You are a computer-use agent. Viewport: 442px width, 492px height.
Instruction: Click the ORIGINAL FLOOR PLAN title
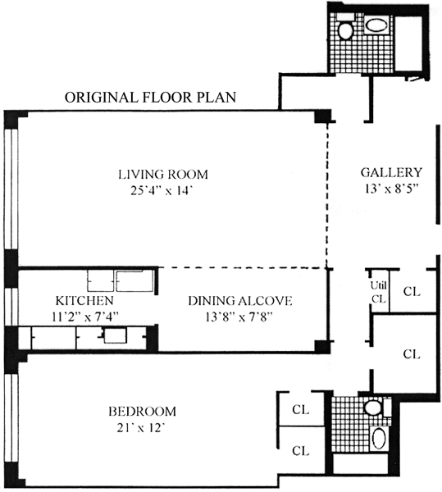pos(150,98)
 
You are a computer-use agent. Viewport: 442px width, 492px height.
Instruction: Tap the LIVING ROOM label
pos(163,174)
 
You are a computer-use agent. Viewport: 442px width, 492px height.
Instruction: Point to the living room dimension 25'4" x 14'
pos(161,191)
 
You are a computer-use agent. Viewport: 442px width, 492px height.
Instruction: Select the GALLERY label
pos(391,172)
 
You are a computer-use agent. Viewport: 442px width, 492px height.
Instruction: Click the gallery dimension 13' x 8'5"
pos(392,189)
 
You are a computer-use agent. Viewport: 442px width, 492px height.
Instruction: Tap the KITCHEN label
pos(84,301)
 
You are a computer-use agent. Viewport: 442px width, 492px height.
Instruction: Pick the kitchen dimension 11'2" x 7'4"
pos(85,317)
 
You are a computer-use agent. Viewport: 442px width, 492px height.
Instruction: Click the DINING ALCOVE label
pos(240,301)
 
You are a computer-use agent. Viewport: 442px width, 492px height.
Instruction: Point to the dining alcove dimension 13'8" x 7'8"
pos(239,317)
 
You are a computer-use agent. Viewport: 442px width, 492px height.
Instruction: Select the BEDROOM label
pos(142,411)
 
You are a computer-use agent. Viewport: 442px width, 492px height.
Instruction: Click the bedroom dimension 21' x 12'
pos(141,428)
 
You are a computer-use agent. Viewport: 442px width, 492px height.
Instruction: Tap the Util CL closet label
pos(379,292)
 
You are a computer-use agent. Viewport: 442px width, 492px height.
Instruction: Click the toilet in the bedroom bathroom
pos(374,407)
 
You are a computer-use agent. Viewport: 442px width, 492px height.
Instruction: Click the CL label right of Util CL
pos(412,291)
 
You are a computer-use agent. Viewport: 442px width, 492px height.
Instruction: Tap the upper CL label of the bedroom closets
pos(300,409)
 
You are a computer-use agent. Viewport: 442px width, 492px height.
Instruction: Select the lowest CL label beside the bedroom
pos(300,451)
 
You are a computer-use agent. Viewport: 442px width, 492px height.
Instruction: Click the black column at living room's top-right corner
pos(323,116)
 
